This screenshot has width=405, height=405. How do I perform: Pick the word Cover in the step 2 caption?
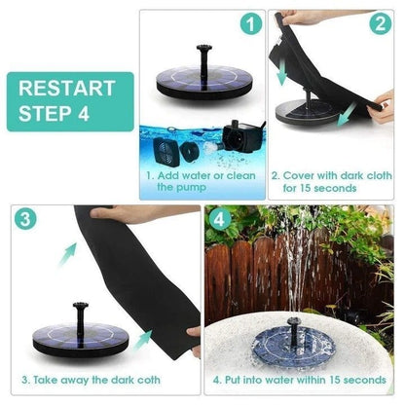click(299, 175)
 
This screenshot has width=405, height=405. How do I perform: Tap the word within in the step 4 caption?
click(311, 379)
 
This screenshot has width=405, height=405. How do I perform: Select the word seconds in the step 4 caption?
click(365, 379)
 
